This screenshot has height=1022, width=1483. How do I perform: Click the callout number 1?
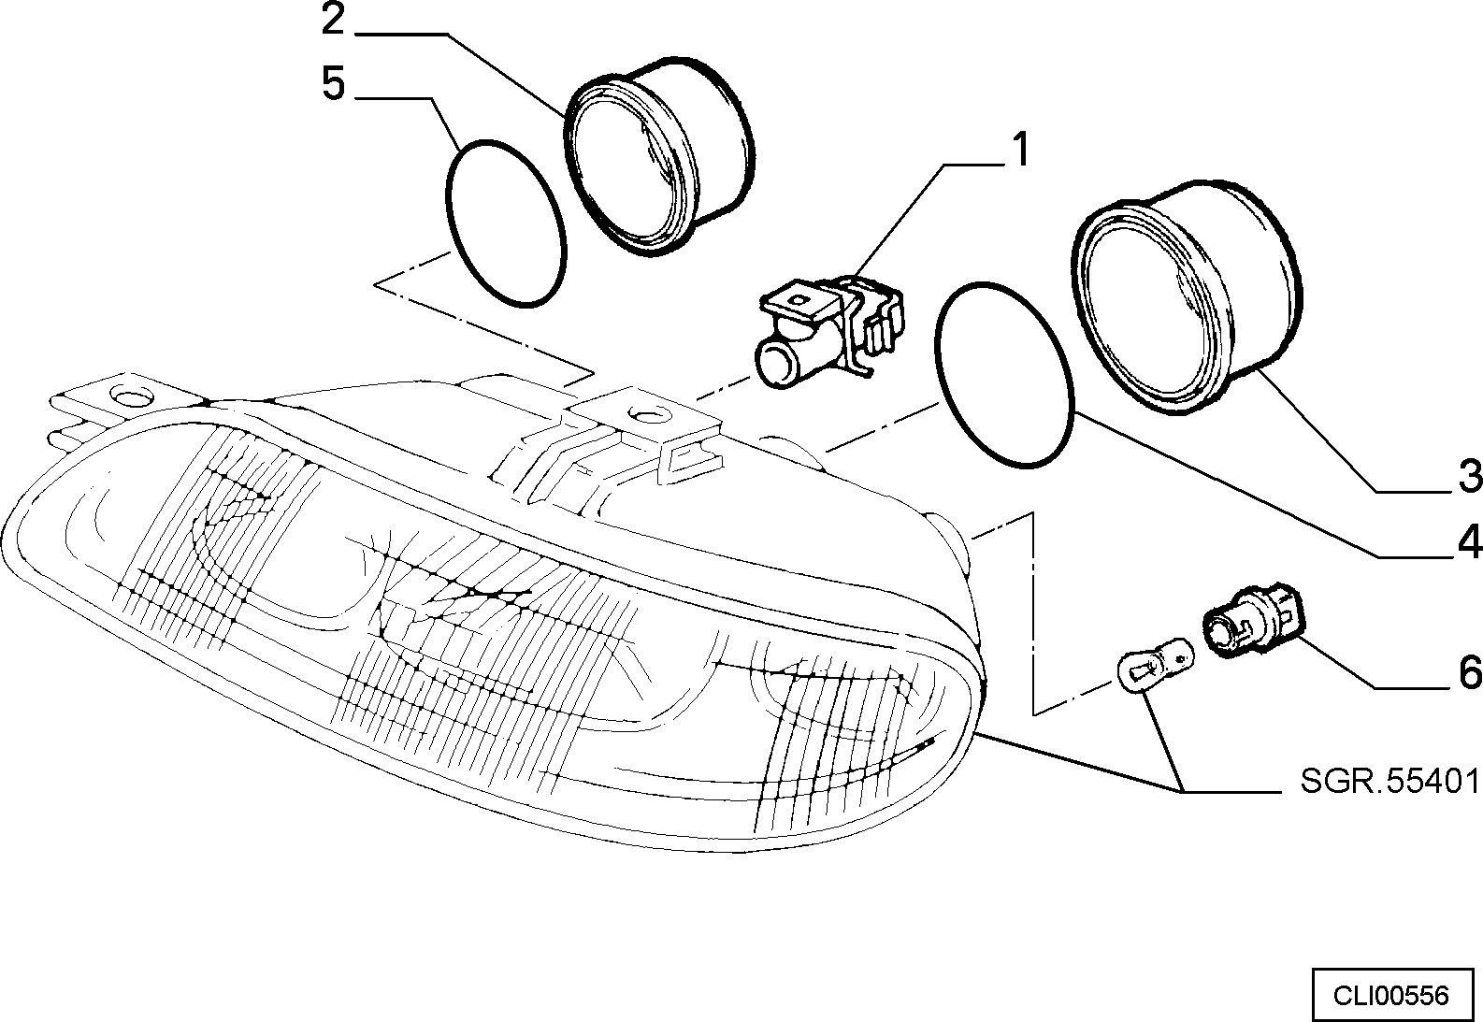click(1021, 150)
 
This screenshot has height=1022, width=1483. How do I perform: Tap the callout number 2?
click(335, 21)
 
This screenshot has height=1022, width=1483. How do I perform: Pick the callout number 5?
click(335, 83)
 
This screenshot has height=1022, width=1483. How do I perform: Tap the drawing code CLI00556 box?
click(1391, 996)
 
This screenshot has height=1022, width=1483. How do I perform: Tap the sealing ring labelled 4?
click(1004, 375)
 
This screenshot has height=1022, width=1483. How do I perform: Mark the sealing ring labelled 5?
click(506, 223)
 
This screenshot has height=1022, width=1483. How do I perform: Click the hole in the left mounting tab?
click(133, 397)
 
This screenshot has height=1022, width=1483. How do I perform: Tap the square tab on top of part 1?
click(801, 300)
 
